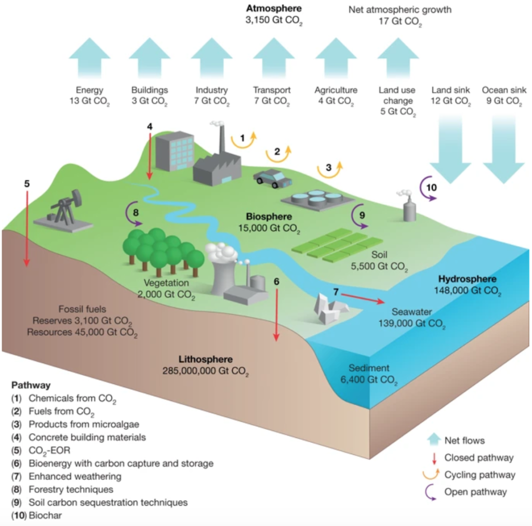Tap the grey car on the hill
point(272,178)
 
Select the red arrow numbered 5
point(26,228)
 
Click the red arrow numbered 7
point(363,298)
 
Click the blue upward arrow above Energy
point(89,58)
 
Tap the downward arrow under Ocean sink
point(503,149)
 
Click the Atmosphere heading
point(274,8)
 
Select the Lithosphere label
point(206,359)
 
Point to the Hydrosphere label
point(467,279)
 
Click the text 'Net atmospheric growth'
point(400,9)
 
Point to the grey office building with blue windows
point(175,151)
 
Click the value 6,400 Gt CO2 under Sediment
point(369,380)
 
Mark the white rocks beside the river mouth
point(329,308)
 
